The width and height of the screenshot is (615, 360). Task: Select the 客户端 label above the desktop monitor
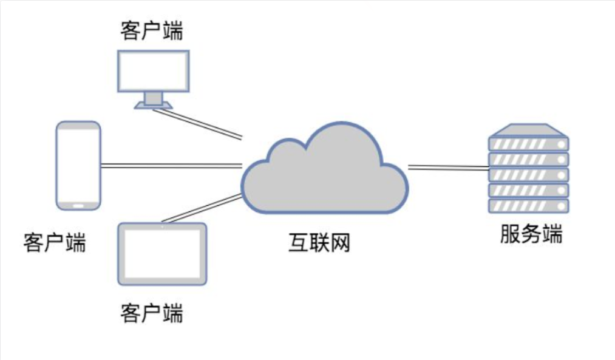tap(152, 30)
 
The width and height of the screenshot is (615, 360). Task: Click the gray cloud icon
tap(325, 173)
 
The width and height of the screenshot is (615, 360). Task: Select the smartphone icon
tap(78, 165)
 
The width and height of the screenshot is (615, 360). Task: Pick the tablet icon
tap(161, 254)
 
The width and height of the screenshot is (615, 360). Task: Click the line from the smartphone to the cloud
tap(170, 165)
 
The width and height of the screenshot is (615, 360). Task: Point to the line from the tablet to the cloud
tap(200, 209)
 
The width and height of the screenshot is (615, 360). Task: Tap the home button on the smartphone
tap(78, 205)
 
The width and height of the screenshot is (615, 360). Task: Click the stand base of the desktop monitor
tap(153, 106)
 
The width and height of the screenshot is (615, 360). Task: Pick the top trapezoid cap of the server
tap(529, 131)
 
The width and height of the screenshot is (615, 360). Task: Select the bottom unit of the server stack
tap(529, 206)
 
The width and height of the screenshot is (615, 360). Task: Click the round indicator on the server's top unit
tap(562, 144)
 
